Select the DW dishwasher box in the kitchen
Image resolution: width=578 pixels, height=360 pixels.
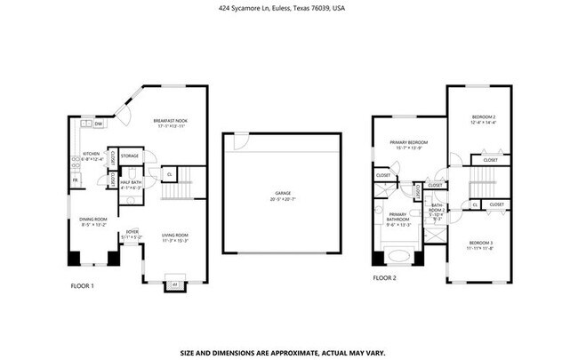(100, 124)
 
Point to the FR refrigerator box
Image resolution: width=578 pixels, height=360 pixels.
(75, 181)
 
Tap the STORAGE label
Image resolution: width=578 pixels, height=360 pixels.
(130, 156)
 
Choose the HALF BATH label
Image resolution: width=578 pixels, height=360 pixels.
(131, 184)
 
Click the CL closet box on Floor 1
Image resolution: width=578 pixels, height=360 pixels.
(169, 174)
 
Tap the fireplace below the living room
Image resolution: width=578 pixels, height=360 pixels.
(173, 284)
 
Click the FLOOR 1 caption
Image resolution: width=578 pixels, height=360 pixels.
(82, 285)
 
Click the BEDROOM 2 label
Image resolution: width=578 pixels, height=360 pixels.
(483, 118)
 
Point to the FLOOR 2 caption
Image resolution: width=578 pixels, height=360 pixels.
(384, 277)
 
